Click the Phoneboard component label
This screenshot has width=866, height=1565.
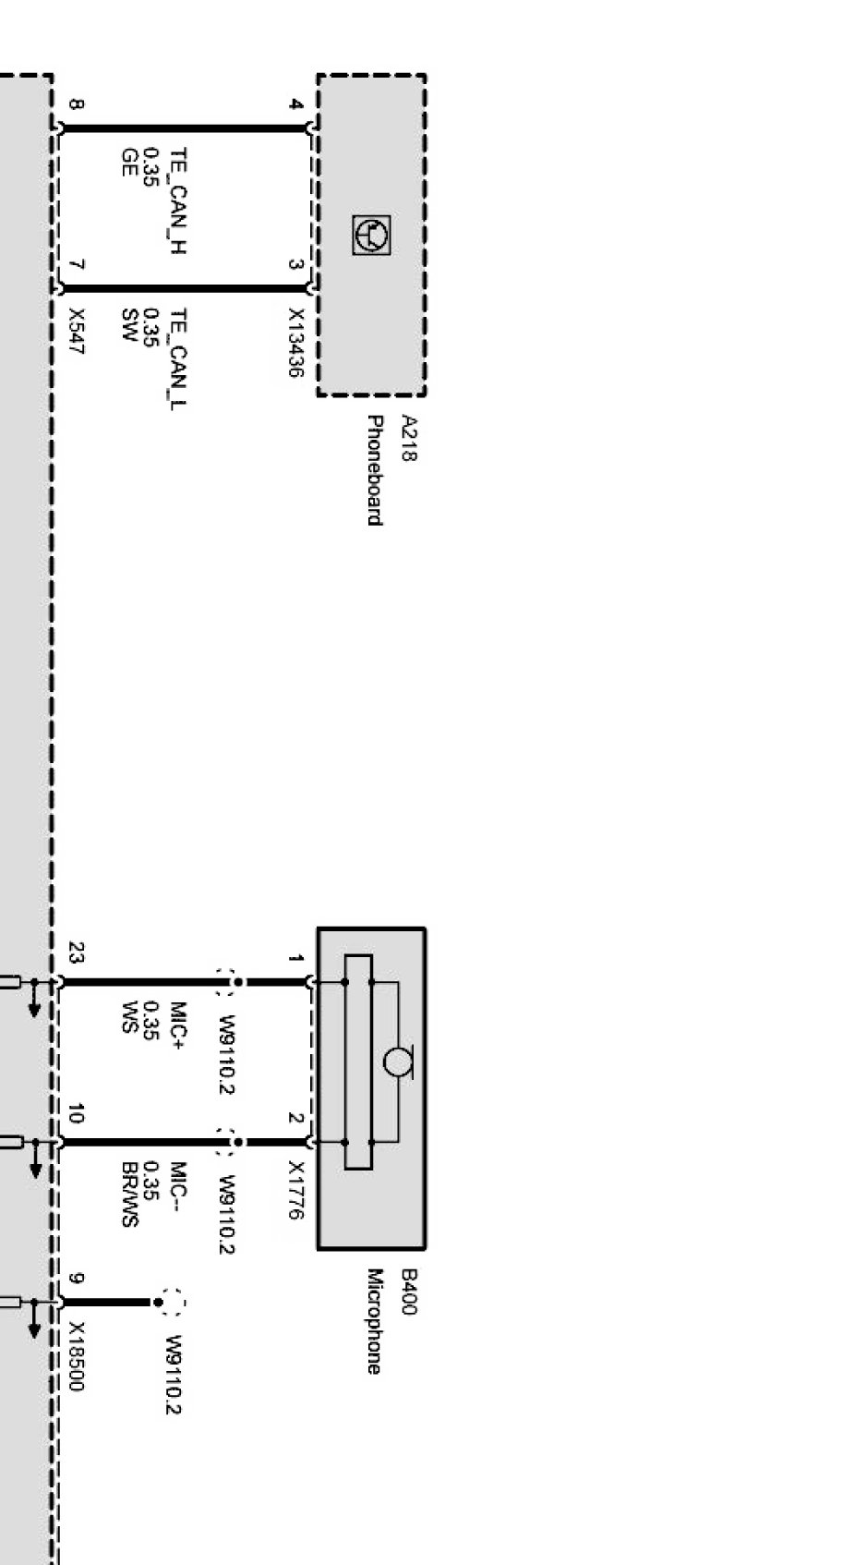coord(374,470)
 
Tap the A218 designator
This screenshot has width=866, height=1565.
coord(409,438)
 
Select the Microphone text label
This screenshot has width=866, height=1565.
coord(374,1322)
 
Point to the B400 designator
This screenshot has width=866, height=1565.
coord(409,1292)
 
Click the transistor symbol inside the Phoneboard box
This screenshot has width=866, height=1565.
coord(371,235)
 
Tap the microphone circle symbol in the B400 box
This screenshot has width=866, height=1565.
coord(397,1062)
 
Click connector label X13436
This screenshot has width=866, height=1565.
coord(296,343)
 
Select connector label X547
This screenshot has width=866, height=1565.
coord(77,331)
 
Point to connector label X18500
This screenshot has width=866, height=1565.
coord(77,1356)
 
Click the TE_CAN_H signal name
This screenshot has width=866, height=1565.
coord(179,200)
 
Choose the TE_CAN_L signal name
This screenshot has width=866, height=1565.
coord(179,358)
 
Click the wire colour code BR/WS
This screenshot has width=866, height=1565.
coord(130,1194)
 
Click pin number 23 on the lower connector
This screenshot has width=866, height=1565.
coord(77,953)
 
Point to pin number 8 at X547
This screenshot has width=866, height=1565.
coord(77,104)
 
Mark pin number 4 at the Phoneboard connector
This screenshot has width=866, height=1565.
coord(296,104)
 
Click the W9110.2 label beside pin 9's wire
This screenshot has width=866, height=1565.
coord(174,1375)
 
